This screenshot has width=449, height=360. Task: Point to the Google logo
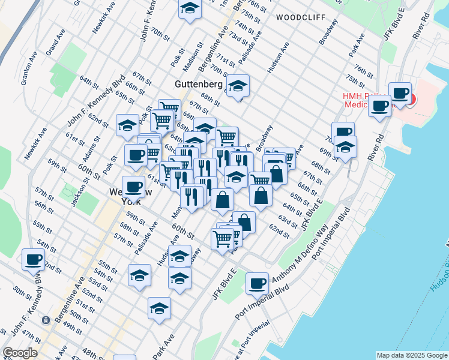(20, 353)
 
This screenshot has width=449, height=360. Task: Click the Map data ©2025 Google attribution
(411, 355)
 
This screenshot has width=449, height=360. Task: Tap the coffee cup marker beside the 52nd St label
(33, 260)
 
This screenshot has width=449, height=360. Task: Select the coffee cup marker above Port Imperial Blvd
(257, 283)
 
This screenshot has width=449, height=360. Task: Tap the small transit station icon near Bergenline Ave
(46, 320)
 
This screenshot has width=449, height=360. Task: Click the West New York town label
(127, 197)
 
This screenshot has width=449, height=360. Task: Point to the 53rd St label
(94, 281)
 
